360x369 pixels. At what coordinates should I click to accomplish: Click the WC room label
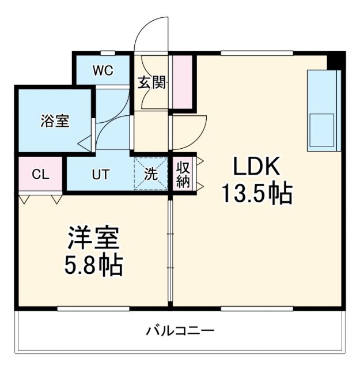click(x=103, y=71)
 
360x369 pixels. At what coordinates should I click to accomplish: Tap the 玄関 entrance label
click(x=152, y=82)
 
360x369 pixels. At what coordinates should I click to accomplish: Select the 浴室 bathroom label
click(x=55, y=121)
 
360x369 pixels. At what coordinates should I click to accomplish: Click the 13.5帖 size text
click(x=257, y=194)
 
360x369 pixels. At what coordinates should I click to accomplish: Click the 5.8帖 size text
click(x=94, y=265)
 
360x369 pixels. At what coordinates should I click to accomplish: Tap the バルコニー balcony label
click(x=180, y=332)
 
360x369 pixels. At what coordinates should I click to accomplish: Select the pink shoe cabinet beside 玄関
click(x=181, y=82)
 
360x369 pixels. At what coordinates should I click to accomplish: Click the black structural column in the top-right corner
click(x=336, y=60)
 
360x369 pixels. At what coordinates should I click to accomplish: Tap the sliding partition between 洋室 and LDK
click(x=170, y=248)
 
